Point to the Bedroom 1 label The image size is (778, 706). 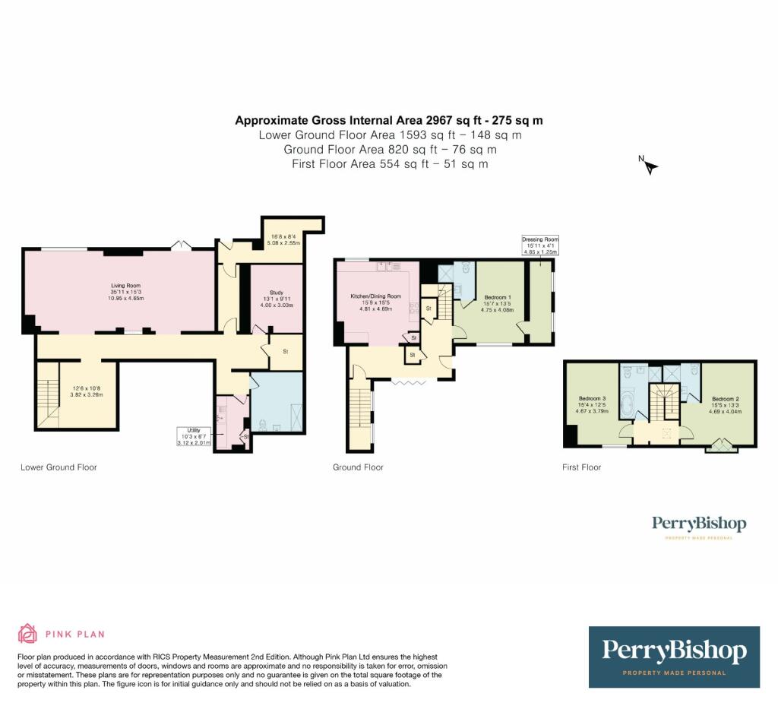tap(498, 297)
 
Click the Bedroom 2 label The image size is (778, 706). tap(726, 399)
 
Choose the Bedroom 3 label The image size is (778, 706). tap(592, 399)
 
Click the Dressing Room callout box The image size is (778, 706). tap(539, 244)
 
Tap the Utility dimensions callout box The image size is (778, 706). tap(191, 435)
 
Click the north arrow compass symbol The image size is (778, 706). tap(649, 165)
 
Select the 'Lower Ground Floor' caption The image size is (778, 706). tap(59, 467)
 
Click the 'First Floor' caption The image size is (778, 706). tap(581, 467)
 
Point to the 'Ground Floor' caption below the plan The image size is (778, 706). tap(358, 467)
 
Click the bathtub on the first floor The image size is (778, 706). tap(628, 402)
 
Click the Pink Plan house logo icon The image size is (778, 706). tap(27, 633)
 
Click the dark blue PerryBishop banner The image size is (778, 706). tap(674, 657)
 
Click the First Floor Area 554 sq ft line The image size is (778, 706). tap(389, 163)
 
